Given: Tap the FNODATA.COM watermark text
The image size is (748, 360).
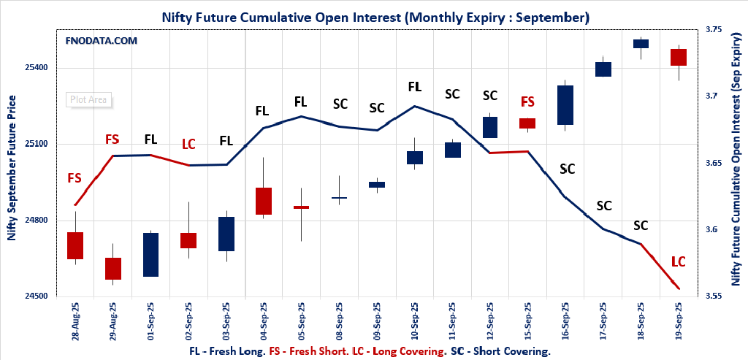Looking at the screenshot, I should click(x=101, y=41).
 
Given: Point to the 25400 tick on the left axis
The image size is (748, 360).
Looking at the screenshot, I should click(x=37, y=68).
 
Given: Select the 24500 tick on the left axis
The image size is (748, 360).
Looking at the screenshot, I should click(x=37, y=296).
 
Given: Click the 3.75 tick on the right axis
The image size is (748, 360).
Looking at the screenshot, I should click(x=713, y=29).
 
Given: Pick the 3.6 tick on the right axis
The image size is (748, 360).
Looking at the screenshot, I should click(x=715, y=230).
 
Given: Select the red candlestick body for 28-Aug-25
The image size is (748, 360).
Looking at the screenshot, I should click(x=75, y=245).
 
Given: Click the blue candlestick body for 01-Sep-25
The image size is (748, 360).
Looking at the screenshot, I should click(x=150, y=254).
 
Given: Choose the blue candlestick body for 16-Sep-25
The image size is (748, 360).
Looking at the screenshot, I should click(x=565, y=105).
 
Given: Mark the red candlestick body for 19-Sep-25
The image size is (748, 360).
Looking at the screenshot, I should click(x=679, y=57).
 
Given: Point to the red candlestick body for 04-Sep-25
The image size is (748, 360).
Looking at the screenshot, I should click(x=264, y=201).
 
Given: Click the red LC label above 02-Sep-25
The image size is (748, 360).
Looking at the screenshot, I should click(x=188, y=144).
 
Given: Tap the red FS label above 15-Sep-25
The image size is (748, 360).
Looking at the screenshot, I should click(x=527, y=102).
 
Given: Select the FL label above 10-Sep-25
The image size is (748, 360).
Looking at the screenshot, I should click(x=414, y=87).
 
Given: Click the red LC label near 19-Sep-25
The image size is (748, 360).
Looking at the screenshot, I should click(x=679, y=261).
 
